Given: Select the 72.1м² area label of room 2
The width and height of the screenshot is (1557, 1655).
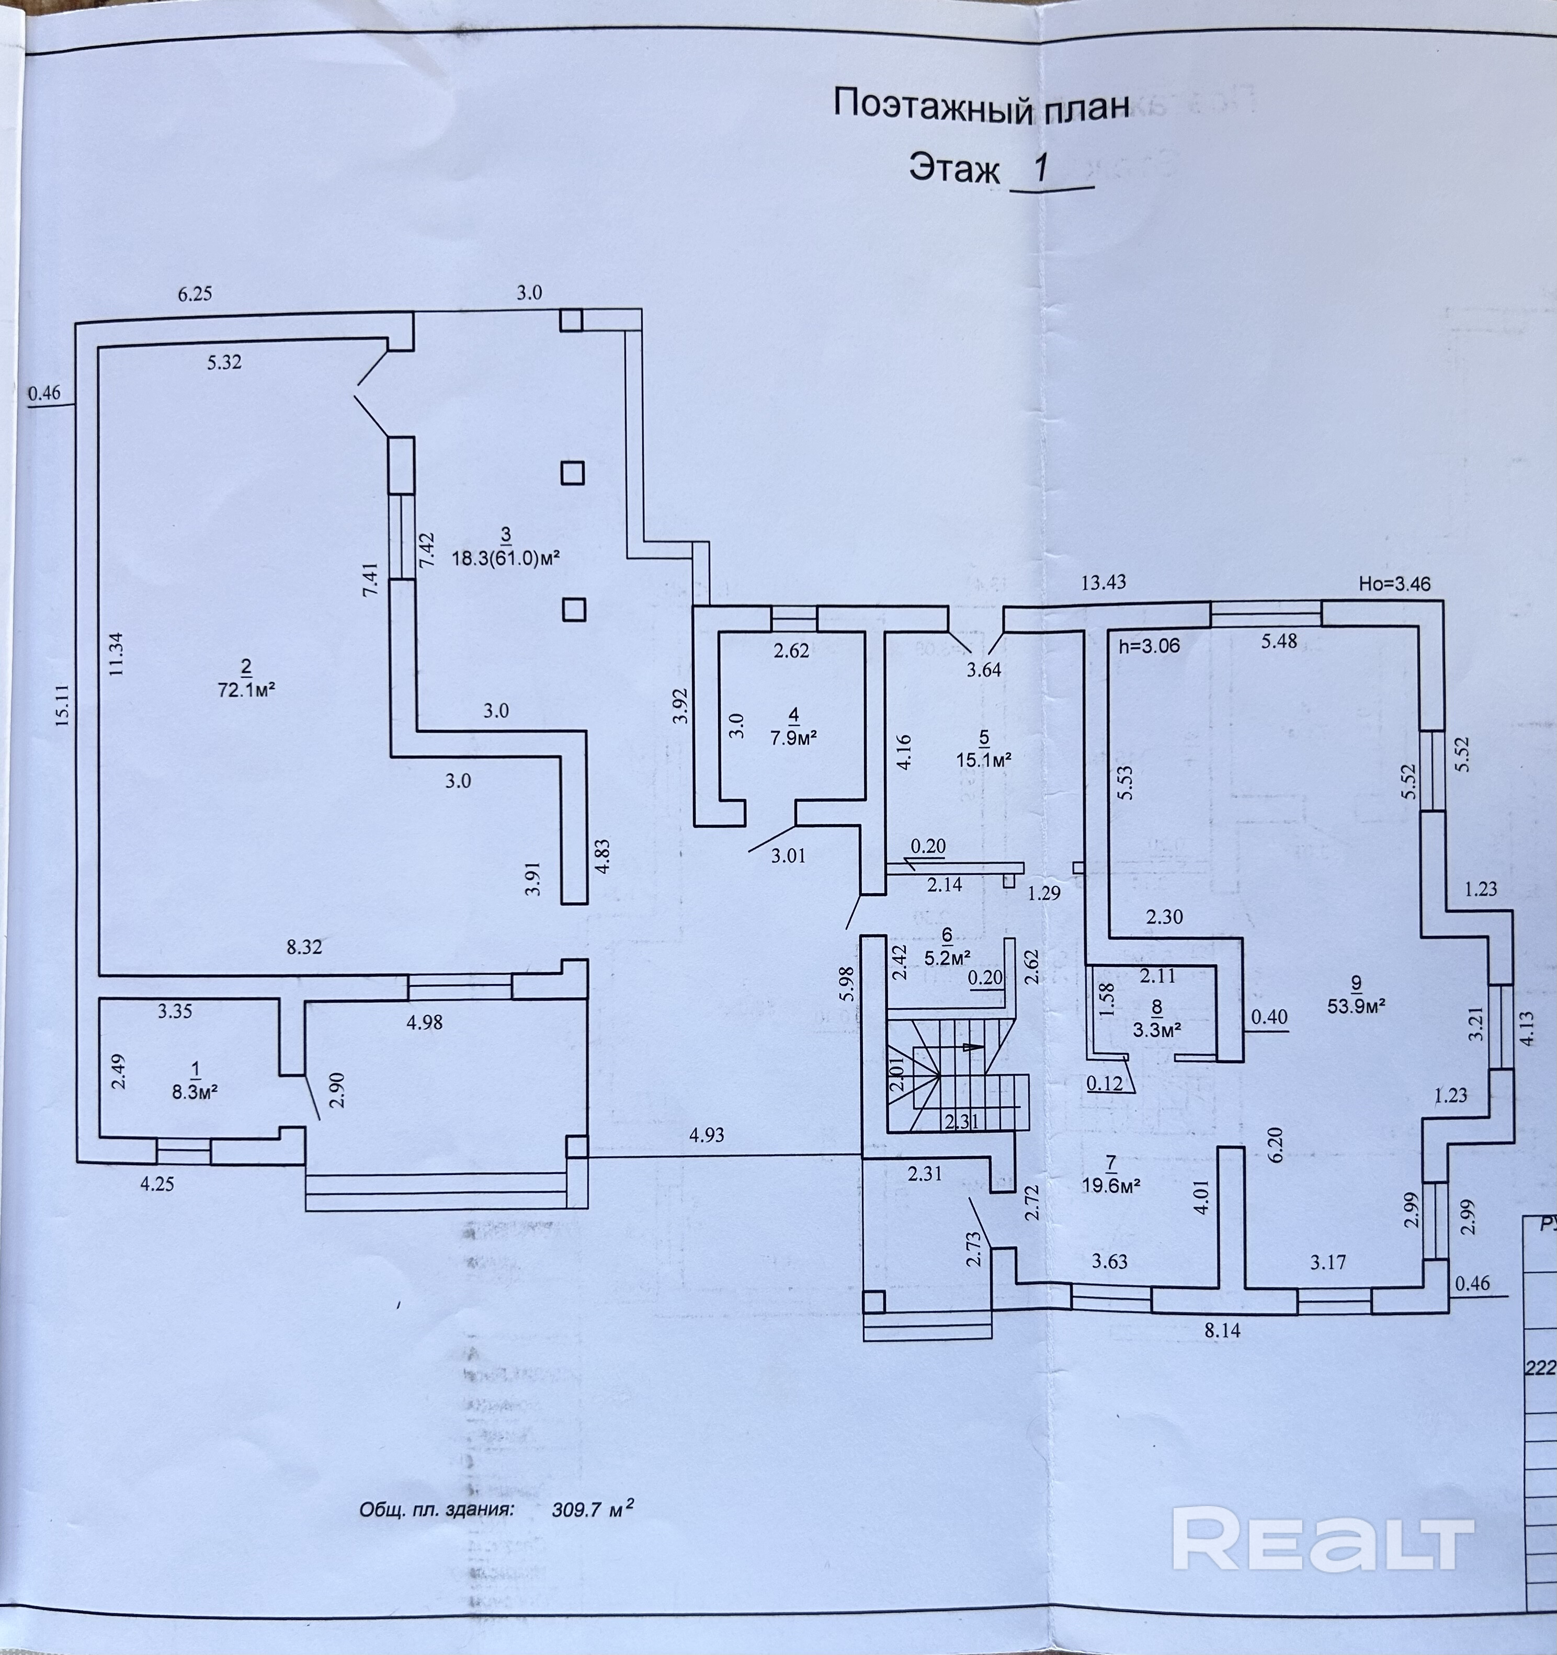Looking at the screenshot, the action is (x=246, y=690).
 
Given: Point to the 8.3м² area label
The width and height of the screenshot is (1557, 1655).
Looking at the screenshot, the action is (x=196, y=1092).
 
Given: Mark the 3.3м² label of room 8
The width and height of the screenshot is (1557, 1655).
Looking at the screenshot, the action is (x=1158, y=1030).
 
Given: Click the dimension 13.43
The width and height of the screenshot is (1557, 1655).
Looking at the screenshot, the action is (x=1103, y=583).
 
